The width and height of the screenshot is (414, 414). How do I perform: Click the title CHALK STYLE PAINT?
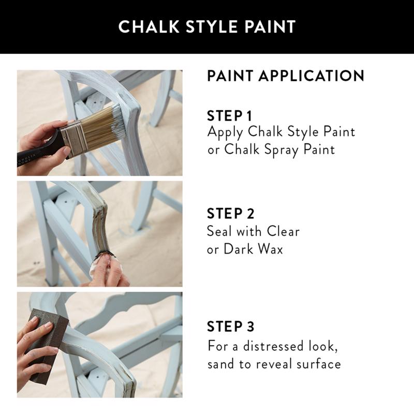[207, 26]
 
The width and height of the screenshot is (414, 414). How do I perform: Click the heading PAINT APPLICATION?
[286, 76]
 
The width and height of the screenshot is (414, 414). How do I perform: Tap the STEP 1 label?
[231, 115]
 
